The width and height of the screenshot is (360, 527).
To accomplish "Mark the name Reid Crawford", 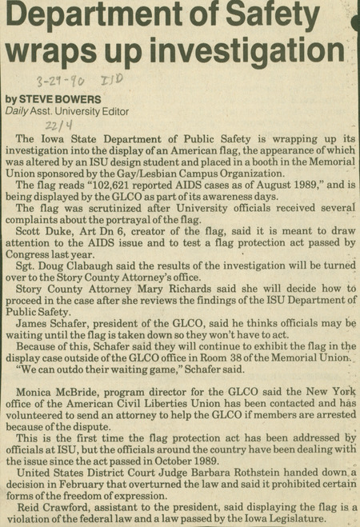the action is pos(49,505).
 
